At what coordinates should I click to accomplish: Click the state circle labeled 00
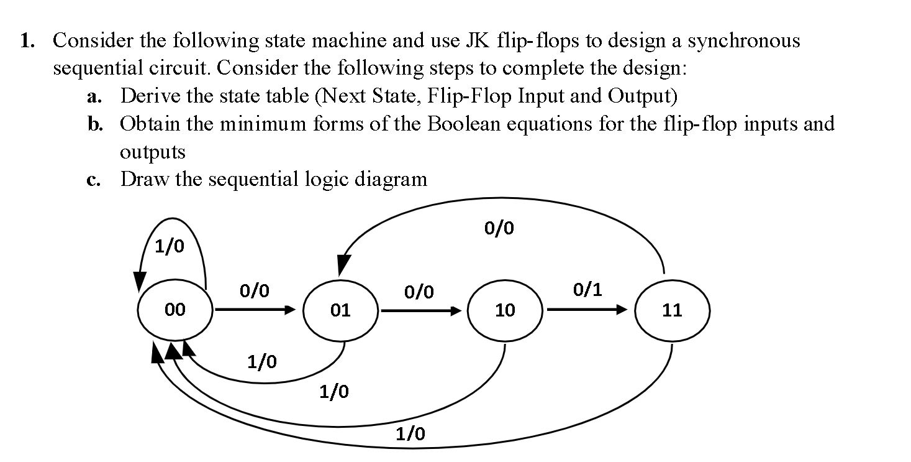pyautogui.click(x=175, y=310)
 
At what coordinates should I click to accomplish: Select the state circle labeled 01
pyautogui.click(x=340, y=310)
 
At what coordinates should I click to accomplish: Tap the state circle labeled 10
pyautogui.click(x=505, y=310)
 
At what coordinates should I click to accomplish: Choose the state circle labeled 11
pyautogui.click(x=672, y=310)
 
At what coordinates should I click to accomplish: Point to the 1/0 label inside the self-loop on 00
pyautogui.click(x=169, y=247)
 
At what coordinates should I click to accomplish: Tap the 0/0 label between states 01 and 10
pyautogui.click(x=419, y=291)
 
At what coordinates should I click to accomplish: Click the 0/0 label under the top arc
pyautogui.click(x=499, y=229)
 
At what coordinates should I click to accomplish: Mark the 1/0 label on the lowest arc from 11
pyautogui.click(x=411, y=434)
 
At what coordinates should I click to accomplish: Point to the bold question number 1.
pyautogui.click(x=26, y=42)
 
